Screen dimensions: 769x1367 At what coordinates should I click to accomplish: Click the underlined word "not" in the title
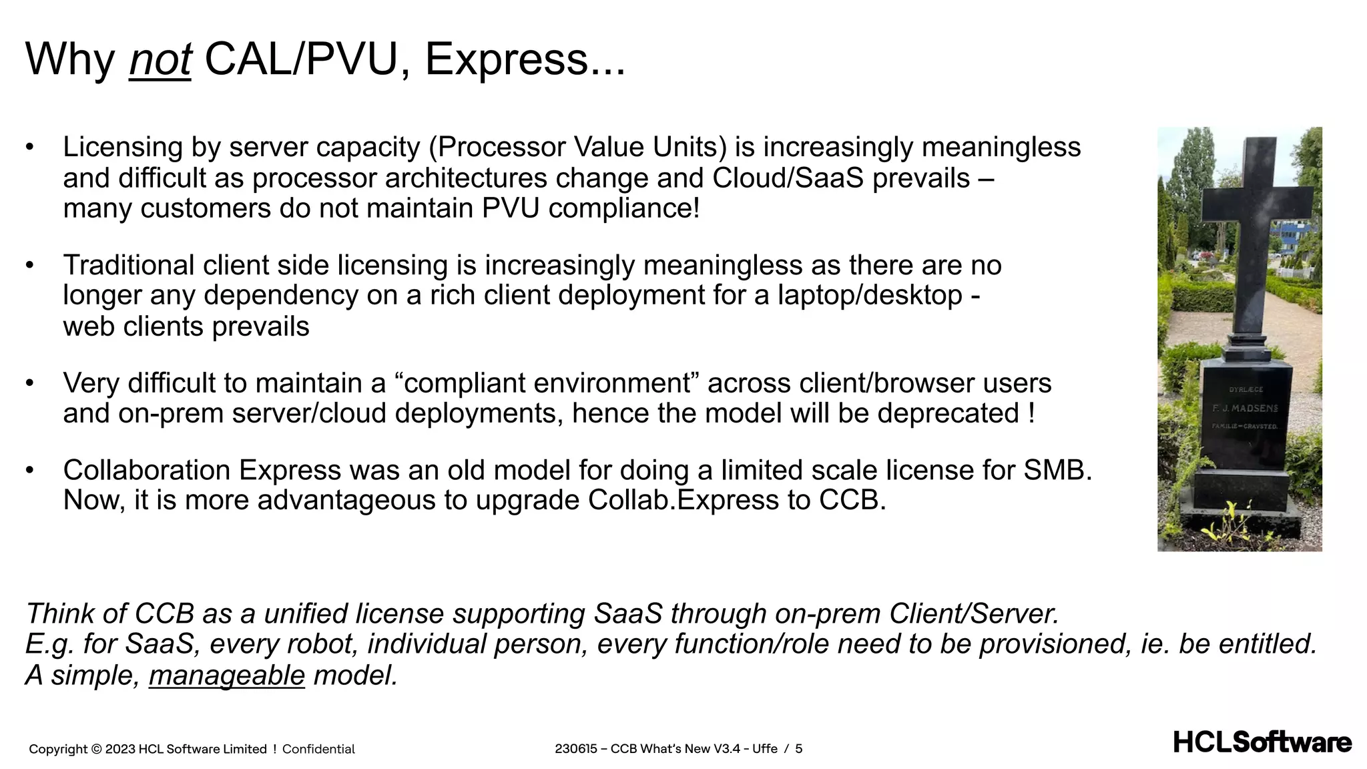tap(160, 60)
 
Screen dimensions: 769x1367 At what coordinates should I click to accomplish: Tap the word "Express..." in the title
tap(525, 60)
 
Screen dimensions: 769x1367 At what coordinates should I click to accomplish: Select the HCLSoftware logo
tap(1262, 742)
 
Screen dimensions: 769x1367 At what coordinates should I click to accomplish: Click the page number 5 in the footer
tap(798, 749)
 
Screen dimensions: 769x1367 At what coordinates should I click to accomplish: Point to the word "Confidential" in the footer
tap(318, 749)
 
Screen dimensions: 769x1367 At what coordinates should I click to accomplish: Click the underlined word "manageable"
tap(226, 676)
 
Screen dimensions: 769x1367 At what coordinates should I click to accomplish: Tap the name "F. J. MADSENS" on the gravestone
tap(1245, 408)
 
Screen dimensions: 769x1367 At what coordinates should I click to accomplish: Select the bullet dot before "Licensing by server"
tap(29, 148)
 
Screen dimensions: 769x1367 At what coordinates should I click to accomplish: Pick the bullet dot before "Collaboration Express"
tap(29, 471)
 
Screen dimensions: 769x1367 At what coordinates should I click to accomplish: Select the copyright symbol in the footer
tap(96, 749)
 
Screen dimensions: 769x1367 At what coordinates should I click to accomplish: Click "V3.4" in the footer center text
tap(727, 749)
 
